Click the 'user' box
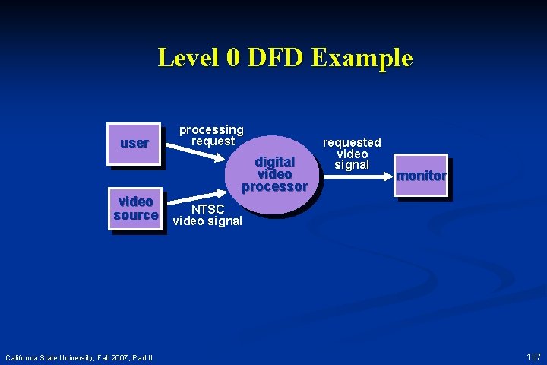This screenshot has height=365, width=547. pos(134,143)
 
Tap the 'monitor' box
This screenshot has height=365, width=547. pos(421,176)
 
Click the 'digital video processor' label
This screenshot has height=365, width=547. pos(274,174)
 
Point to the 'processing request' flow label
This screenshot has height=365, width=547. pos(211,135)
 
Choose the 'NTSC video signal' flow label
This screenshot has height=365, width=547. pos(207,215)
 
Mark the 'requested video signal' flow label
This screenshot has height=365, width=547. pos(352,154)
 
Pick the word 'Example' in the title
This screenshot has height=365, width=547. pos(362,58)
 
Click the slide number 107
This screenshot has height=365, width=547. pos(533,357)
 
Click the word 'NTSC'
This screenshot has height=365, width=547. pos(207,209)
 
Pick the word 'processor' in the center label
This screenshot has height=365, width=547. pos(274,186)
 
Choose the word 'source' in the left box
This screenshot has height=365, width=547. pos(136,215)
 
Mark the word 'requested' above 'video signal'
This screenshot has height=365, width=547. pos(352,142)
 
